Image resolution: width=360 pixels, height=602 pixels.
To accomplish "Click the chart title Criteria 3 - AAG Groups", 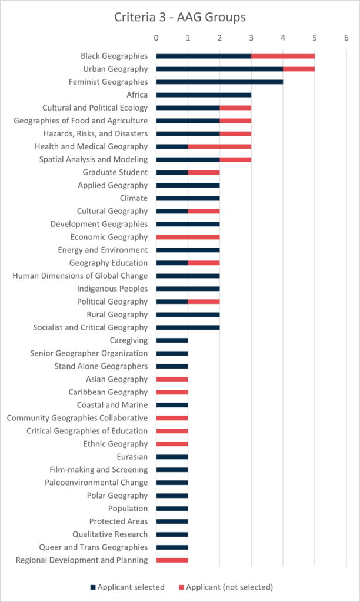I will pyautogui.click(x=180, y=18).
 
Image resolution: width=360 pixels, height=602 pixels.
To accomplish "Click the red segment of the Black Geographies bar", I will pyautogui.click(x=283, y=56).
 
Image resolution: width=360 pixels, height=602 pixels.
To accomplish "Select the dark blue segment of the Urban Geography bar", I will pyautogui.click(x=219, y=69).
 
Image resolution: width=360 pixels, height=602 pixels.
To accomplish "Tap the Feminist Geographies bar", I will pyautogui.click(x=219, y=82).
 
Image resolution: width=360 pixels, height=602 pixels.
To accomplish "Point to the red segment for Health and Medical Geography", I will pyautogui.click(x=219, y=147).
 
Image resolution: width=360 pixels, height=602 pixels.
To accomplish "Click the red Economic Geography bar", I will pyautogui.click(x=188, y=238).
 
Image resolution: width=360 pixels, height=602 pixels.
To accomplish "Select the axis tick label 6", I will pyautogui.click(x=346, y=38).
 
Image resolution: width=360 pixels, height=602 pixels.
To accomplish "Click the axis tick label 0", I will pyautogui.click(x=156, y=38).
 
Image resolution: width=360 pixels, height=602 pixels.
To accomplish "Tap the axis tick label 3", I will pyautogui.click(x=251, y=38).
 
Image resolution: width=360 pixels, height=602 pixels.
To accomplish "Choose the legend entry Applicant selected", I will pyautogui.click(x=124, y=587).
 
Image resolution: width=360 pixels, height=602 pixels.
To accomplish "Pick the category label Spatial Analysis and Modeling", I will pyautogui.click(x=94, y=160).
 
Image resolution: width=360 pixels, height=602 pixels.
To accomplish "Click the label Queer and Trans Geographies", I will pyautogui.click(x=98, y=547).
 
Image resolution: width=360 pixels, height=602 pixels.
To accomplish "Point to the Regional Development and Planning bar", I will pyautogui.click(x=172, y=561).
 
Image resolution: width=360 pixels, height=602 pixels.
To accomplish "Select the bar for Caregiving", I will pyautogui.click(x=172, y=341).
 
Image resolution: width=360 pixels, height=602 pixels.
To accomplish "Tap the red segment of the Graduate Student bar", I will pyautogui.click(x=204, y=173).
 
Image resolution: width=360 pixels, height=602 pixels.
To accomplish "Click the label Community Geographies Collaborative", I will pyautogui.click(x=77, y=418).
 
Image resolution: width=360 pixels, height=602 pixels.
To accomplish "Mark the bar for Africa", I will pyautogui.click(x=204, y=95).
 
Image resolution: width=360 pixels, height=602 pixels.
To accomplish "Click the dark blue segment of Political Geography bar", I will pyautogui.click(x=172, y=302).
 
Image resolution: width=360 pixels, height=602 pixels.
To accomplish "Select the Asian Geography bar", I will pyautogui.click(x=172, y=380).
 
